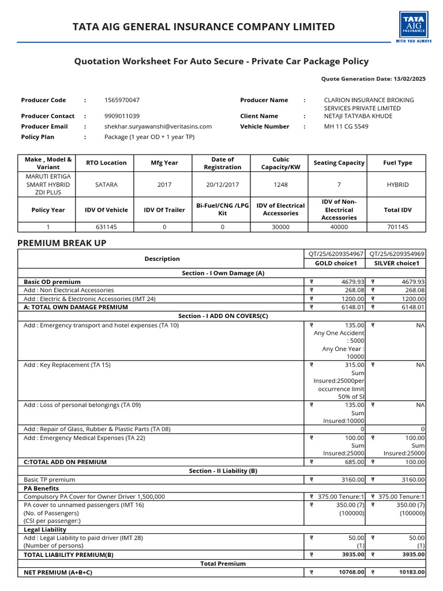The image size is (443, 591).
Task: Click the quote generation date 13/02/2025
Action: (409, 78)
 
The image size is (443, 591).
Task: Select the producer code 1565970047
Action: (122, 100)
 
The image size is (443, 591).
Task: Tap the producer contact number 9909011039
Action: (122, 116)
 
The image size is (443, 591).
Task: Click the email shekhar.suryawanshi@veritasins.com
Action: (157, 126)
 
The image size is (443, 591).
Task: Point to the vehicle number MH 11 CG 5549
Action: (346, 126)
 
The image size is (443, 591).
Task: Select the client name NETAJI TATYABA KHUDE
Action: (358, 116)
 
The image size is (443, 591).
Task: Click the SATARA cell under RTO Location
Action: (106, 185)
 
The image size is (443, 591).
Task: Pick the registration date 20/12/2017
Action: (222, 185)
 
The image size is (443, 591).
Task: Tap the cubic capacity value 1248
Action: (280, 185)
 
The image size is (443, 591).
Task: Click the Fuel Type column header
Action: (397, 163)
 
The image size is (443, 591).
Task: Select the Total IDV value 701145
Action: (397, 227)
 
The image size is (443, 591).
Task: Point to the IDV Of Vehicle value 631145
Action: (106, 227)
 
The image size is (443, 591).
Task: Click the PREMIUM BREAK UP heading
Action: (62, 243)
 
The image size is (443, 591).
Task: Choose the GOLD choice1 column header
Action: (336, 263)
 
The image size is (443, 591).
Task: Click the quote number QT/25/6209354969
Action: (397, 254)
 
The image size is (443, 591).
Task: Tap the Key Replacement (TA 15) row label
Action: (67, 365)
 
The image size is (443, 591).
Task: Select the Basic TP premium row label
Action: (49, 480)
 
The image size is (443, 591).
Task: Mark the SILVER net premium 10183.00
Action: (411, 573)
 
